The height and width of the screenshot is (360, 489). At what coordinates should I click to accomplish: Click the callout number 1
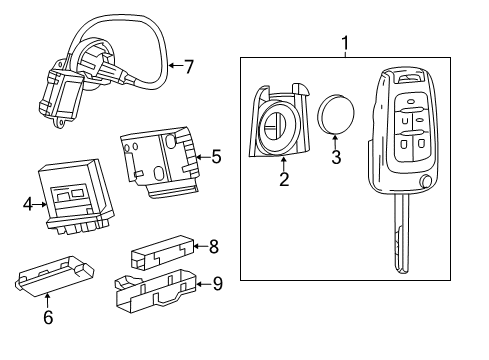point(345,43)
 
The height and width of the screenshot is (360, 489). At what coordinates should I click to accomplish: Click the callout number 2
point(284,181)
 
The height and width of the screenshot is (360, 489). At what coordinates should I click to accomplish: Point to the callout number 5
point(216,155)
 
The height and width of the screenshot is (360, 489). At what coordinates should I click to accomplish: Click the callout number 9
point(218,283)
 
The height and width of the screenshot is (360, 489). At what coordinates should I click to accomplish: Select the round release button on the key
point(427,183)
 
